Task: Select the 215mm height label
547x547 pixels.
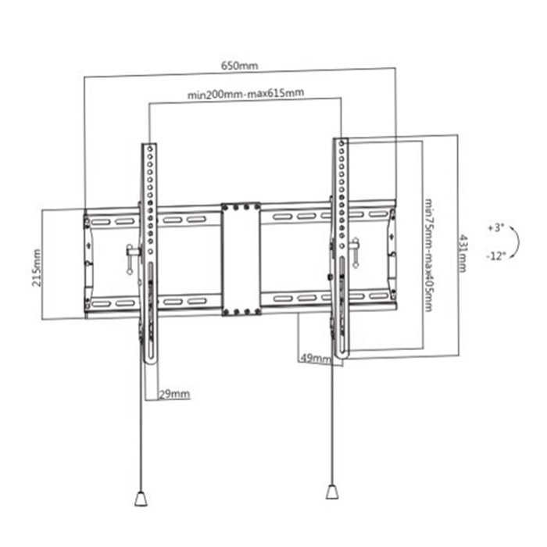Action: (37, 268)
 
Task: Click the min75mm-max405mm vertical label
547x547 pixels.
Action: (429, 254)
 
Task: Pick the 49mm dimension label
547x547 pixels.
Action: (314, 358)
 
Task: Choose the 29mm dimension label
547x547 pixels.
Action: (174, 393)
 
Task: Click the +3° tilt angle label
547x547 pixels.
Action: (495, 228)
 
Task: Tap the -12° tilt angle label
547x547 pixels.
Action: (495, 255)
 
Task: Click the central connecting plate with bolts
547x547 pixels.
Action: (241, 260)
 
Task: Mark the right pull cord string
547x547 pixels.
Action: (332, 422)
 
